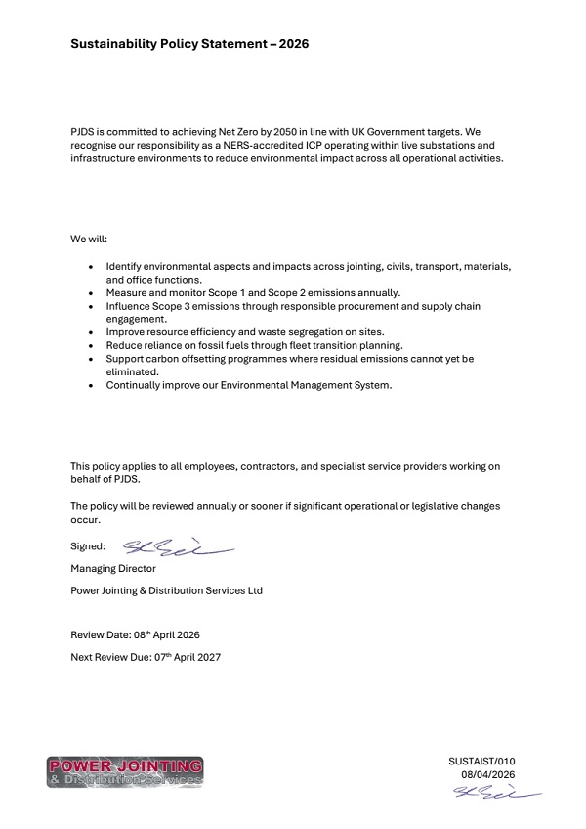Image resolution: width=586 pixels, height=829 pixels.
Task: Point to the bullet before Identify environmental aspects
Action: [x=91, y=266]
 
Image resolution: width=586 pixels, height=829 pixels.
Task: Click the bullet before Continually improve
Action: [x=91, y=386]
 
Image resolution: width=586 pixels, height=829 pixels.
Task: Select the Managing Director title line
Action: [x=113, y=568]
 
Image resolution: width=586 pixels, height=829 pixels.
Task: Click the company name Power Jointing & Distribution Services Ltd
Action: [x=167, y=590]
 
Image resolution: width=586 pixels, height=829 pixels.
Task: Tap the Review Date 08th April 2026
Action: [x=136, y=634]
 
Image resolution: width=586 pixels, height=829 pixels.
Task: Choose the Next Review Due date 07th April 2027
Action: [x=146, y=657]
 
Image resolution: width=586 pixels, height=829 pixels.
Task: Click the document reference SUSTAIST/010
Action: [x=481, y=761]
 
